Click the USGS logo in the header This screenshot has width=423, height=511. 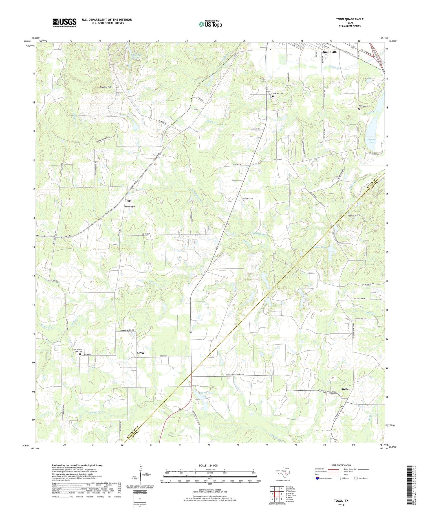pyautogui.click(x=64, y=23)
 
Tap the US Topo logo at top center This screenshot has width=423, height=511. pyautogui.click(x=210, y=24)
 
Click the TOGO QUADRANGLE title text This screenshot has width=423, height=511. pyautogui.click(x=346, y=19)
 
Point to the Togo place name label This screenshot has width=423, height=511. pyautogui.click(x=128, y=200)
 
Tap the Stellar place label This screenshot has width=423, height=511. pyautogui.click(x=345, y=389)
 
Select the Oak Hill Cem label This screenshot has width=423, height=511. pyautogui.click(x=277, y=94)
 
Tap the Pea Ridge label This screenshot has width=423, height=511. pyautogui.click(x=130, y=206)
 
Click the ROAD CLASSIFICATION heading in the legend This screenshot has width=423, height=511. pyautogui.click(x=341, y=465)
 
